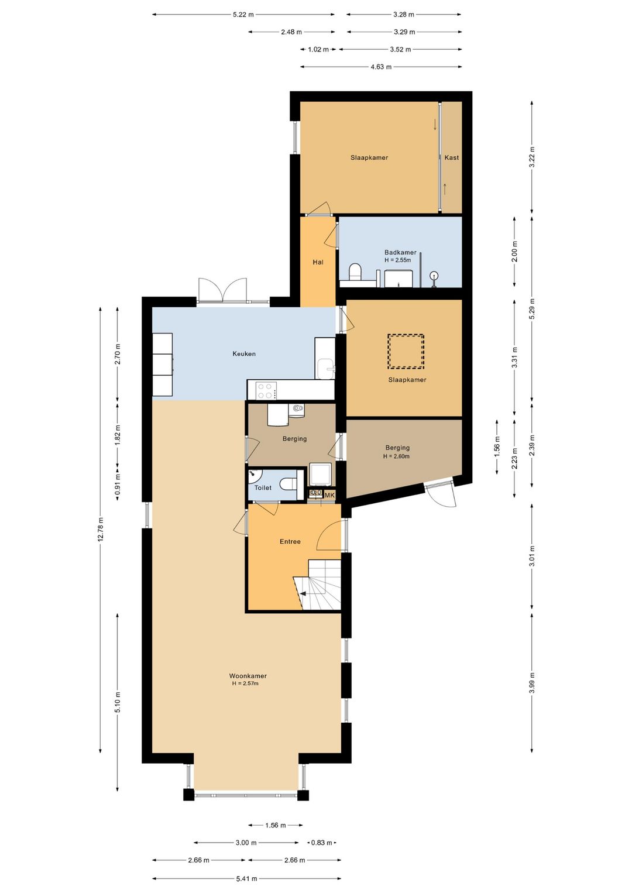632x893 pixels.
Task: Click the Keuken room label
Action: click(x=244, y=353)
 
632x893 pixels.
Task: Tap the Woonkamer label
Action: click(x=248, y=676)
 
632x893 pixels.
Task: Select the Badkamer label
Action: click(x=400, y=252)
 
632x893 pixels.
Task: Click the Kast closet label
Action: click(x=451, y=157)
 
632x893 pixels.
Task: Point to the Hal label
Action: click(x=318, y=262)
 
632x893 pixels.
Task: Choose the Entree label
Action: click(x=290, y=541)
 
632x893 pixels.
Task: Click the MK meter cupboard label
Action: click(x=330, y=495)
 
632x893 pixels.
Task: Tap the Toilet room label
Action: click(x=263, y=487)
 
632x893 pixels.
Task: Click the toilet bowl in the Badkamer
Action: click(x=355, y=272)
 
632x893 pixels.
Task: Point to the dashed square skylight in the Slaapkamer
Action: click(x=406, y=351)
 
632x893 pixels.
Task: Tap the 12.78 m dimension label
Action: click(x=100, y=528)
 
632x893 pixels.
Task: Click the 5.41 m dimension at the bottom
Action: click(x=246, y=878)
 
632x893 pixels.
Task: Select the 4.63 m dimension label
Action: click(x=381, y=67)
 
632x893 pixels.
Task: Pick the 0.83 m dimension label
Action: click(x=321, y=842)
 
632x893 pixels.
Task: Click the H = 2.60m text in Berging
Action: click(x=396, y=456)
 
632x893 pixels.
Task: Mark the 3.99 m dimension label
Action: click(x=532, y=683)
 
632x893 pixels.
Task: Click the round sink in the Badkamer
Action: click(x=434, y=276)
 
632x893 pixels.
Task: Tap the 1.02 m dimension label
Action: click(x=318, y=49)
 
